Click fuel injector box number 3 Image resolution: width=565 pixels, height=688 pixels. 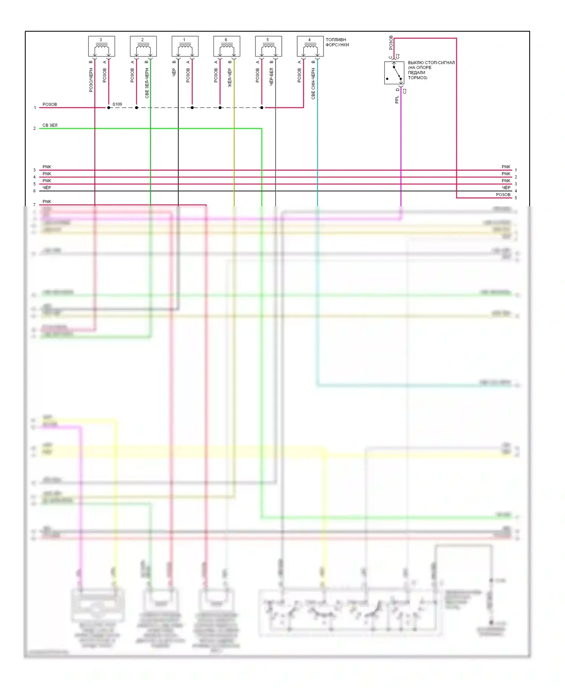tap(101, 46)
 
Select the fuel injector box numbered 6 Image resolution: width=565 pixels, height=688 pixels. tap(227, 46)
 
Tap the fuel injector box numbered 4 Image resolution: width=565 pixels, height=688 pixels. tap(310, 46)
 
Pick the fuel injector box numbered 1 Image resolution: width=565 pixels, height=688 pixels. tap(185, 46)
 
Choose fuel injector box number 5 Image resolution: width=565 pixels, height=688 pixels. tap(268, 46)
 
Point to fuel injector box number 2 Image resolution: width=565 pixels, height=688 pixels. tap(143, 46)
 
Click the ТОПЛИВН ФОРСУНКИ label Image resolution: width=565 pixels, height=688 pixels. tap(337, 42)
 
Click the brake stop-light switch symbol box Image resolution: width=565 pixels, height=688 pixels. tap(394, 73)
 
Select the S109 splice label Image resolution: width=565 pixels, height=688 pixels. tap(117, 104)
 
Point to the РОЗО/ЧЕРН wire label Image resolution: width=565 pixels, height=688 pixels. tap(91, 80)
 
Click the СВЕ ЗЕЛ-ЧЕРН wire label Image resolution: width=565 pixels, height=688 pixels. tap(147, 83)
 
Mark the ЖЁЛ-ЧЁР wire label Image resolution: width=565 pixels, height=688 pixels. tap(230, 78)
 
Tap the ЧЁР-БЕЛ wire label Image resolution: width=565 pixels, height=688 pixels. tap(271, 77)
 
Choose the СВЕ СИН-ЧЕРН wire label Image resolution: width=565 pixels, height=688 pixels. tap(313, 84)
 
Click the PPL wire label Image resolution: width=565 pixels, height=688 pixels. tap(397, 100)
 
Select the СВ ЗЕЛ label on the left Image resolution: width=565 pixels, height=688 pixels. tap(50, 125)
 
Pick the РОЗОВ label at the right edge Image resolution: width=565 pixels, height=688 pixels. tap(503, 195)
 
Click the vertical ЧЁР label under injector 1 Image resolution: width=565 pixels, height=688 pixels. tap(174, 72)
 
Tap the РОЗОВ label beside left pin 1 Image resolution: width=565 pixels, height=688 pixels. tap(50, 104)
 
